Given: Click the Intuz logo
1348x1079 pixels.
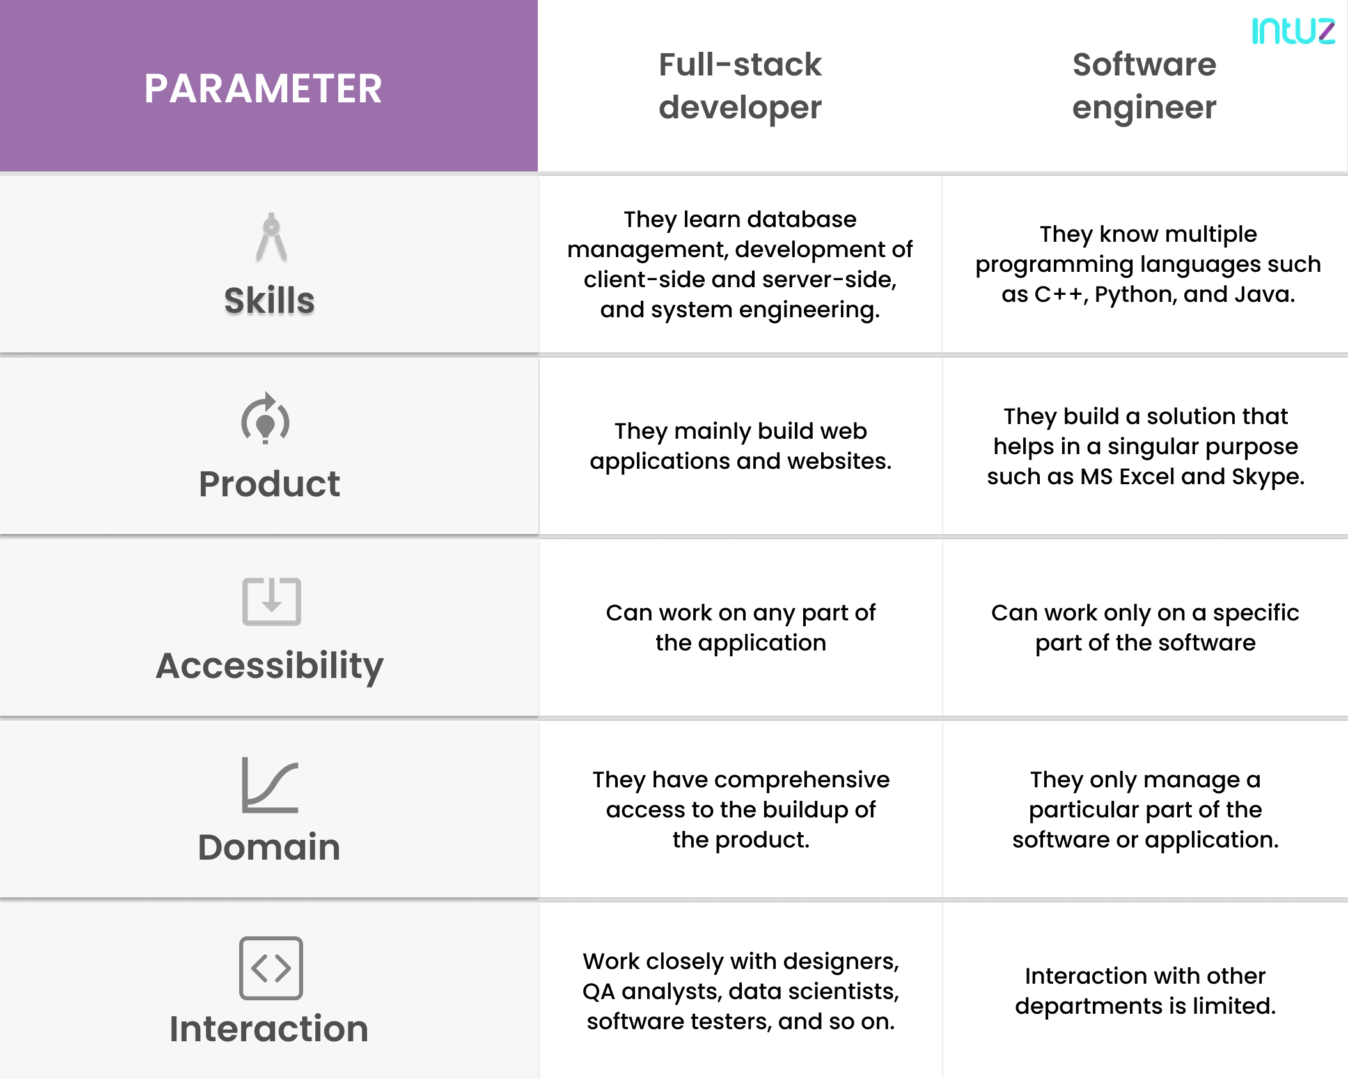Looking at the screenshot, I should click(1293, 31).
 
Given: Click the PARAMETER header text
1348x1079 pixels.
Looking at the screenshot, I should click(263, 88).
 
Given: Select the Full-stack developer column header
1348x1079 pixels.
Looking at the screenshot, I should click(740, 86).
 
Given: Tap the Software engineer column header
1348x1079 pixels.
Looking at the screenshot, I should click(1144, 86).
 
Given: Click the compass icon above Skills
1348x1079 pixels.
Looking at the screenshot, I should click(271, 237).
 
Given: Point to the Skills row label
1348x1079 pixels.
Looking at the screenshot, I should click(269, 301).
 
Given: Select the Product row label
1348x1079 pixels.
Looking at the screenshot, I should click(269, 484).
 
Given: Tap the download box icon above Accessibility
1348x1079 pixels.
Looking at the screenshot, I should click(271, 601).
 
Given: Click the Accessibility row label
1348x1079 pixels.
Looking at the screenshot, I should click(269, 666).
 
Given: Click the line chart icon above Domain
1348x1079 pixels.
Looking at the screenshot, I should click(270, 785).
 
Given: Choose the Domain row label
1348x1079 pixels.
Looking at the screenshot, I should click(269, 847).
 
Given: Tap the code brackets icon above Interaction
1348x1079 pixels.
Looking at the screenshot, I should click(270, 968).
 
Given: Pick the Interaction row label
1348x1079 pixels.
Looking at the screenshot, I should click(269, 1029).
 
